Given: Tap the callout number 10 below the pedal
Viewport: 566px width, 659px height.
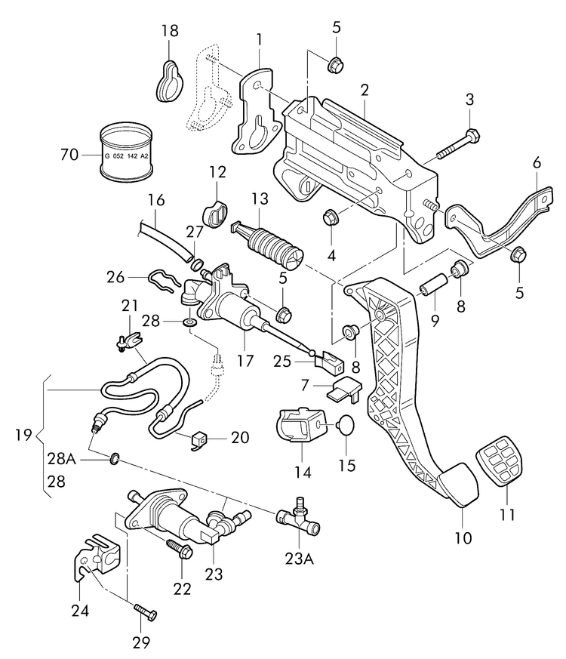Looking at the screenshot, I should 463,538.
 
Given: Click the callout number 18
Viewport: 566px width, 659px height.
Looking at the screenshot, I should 169,31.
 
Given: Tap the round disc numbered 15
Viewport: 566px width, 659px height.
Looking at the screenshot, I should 343,427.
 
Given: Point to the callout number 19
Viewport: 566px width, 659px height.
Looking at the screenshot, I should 23,435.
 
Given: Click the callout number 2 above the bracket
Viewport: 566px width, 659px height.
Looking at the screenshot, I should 364,91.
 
